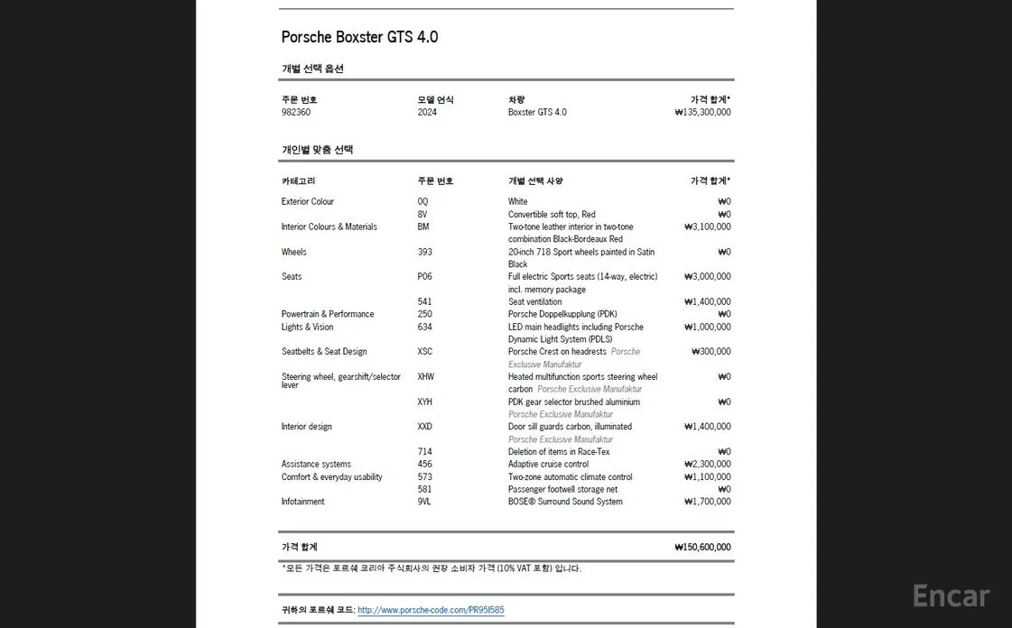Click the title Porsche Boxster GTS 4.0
coord(359,37)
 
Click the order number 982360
coord(296,113)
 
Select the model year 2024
coord(427,113)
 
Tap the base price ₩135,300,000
coord(702,113)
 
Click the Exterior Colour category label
coord(308,202)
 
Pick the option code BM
coord(423,227)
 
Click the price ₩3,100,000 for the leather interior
coord(708,227)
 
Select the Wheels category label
coord(294,253)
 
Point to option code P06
coord(425,277)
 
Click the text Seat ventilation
coord(534,302)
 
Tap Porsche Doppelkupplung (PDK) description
coord(562,315)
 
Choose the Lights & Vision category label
coord(307,328)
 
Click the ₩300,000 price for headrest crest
coord(711,352)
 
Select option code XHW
coord(425,377)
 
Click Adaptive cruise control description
coord(548,465)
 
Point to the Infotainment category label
coord(303,502)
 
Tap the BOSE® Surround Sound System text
coord(565,502)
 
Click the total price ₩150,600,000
coord(702,547)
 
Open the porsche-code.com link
coord(431,611)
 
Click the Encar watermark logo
coord(951,596)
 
